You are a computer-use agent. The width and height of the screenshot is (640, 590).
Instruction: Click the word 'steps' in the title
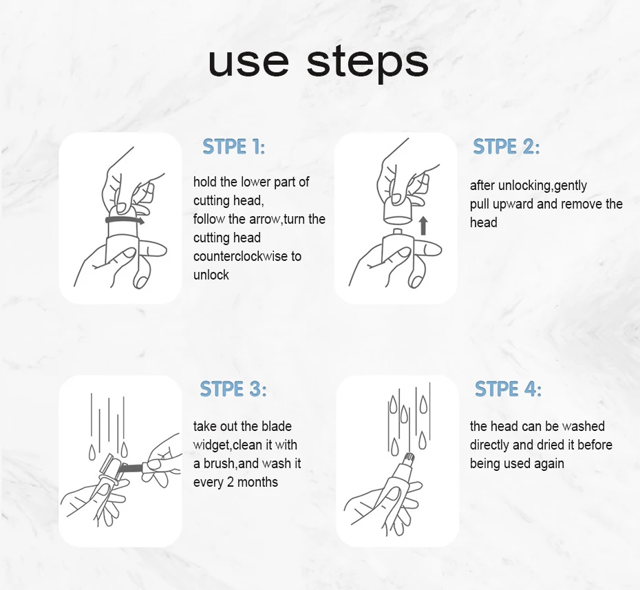pyautogui.click(x=367, y=64)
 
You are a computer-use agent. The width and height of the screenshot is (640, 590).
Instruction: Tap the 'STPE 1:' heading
pyautogui.click(x=233, y=147)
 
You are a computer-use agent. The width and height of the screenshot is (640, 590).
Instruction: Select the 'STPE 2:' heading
pyautogui.click(x=506, y=147)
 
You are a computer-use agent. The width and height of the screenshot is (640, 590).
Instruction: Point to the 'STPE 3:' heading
pyautogui.click(x=233, y=389)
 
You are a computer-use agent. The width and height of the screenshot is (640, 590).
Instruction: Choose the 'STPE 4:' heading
pyautogui.click(x=508, y=389)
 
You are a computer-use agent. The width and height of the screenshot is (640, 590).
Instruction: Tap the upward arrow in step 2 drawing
pyautogui.click(x=423, y=226)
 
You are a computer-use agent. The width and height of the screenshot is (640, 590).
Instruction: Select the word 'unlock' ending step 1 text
pyautogui.click(x=211, y=275)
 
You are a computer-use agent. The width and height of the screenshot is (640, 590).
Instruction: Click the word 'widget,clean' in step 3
pyautogui.click(x=229, y=445)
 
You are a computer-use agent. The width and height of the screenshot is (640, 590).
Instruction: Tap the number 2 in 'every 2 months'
pyautogui.click(x=231, y=482)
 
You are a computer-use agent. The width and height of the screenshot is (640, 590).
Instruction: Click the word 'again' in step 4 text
pyautogui.click(x=549, y=464)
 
